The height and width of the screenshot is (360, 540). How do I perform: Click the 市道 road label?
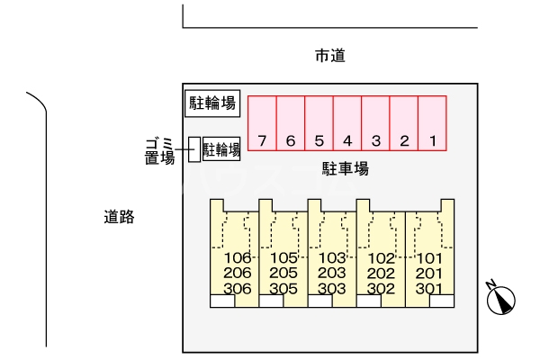point(330,57)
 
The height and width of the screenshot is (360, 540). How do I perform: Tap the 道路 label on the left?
point(119,216)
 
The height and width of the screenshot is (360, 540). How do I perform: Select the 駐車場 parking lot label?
point(346,168)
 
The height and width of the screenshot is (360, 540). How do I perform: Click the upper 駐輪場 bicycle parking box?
point(212,103)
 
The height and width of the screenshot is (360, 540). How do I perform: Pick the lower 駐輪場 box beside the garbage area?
point(221,149)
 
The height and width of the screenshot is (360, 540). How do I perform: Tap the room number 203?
point(333,274)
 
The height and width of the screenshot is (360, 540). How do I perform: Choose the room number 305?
point(283,289)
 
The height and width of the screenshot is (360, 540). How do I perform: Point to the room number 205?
point(283,274)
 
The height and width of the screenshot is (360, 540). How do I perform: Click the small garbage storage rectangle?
point(193,149)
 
